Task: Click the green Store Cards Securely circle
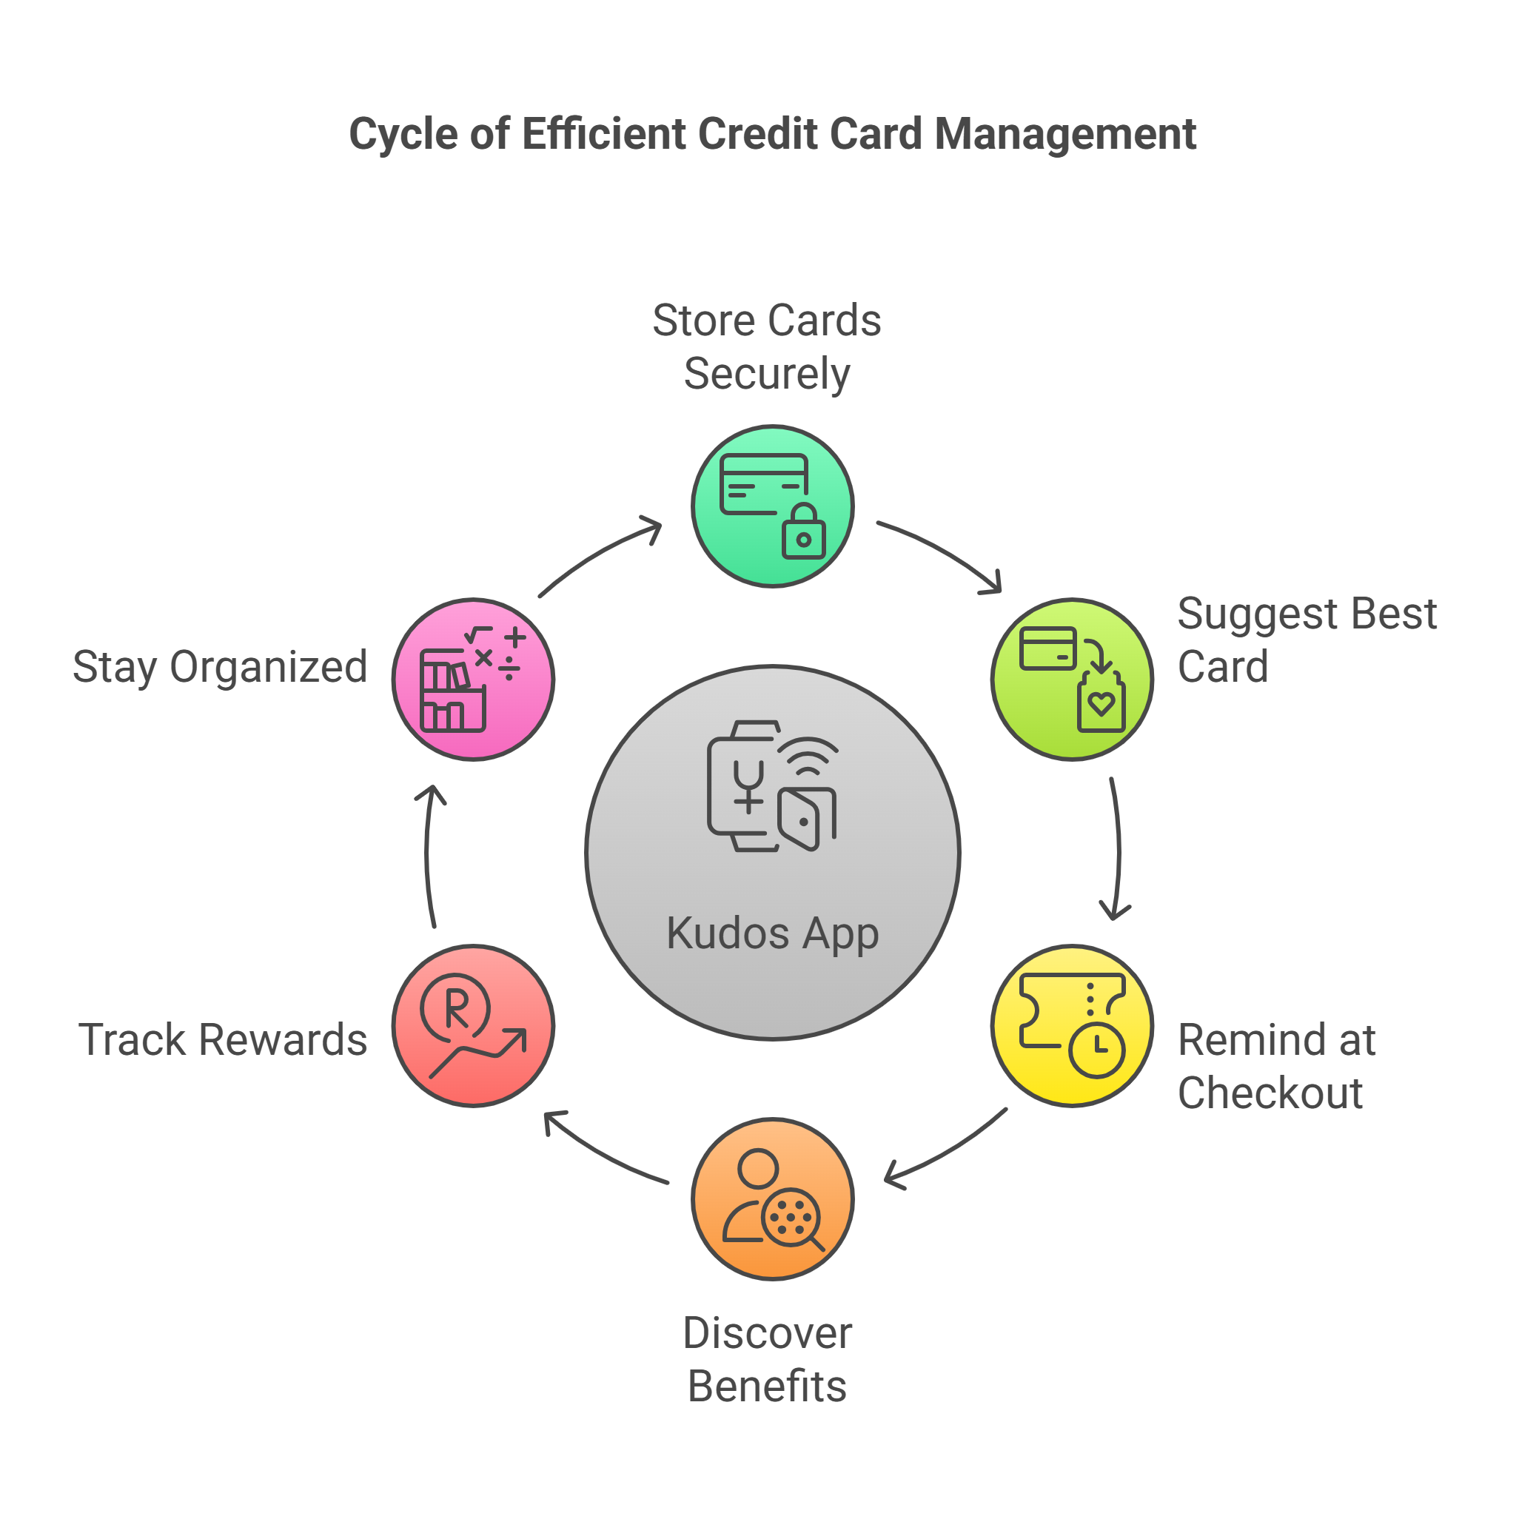(x=772, y=506)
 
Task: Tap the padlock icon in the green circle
(x=802, y=534)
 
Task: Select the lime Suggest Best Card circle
(x=1072, y=680)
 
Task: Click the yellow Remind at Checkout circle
(x=1072, y=1025)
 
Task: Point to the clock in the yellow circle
(x=1097, y=1049)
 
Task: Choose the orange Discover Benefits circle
(x=772, y=1198)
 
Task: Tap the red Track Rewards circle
(x=473, y=1025)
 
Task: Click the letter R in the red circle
(x=456, y=1008)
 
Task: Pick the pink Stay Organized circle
(x=473, y=680)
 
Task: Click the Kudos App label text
(x=772, y=933)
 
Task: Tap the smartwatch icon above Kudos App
(x=743, y=786)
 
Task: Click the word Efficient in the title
(x=606, y=134)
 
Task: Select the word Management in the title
(x=1064, y=134)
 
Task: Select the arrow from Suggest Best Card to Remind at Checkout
(x=1117, y=849)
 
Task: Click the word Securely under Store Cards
(x=767, y=374)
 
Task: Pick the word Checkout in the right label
(x=1270, y=1093)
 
